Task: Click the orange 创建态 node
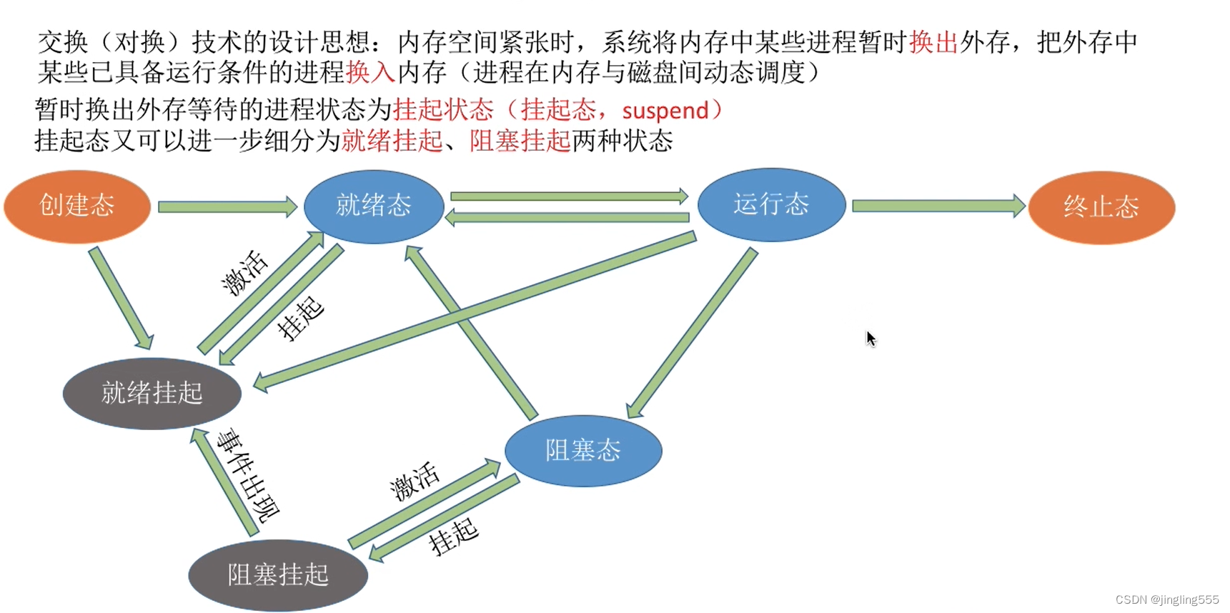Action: [77, 206]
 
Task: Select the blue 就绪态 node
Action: [374, 206]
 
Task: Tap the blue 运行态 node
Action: [771, 204]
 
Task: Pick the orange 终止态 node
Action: [1101, 207]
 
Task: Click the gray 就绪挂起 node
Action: [152, 393]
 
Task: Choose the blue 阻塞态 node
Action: [583, 451]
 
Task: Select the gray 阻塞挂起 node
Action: [278, 574]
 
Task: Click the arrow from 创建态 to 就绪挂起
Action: [120, 297]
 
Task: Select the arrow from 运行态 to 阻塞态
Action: [692, 333]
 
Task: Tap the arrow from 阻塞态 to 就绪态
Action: [472, 332]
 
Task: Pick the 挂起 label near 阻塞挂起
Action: [453, 536]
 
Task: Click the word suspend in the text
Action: [665, 111]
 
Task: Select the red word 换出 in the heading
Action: [933, 42]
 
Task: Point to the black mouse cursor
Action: [871, 338]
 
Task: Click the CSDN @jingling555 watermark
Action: [1166, 599]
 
